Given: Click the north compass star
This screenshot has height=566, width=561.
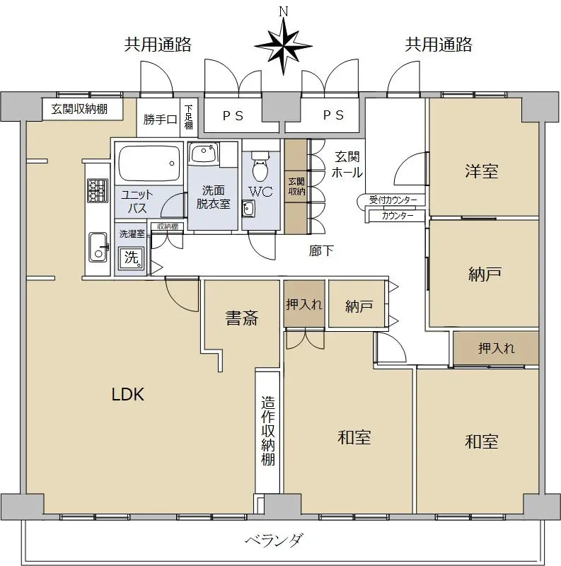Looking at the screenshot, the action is point(284,46).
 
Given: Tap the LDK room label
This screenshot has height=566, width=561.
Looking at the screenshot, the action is point(128,394).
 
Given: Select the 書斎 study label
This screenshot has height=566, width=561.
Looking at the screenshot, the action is point(241,318).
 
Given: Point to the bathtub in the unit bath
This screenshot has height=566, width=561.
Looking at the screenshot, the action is point(149,163).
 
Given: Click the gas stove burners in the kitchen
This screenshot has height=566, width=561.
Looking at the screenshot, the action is point(97,190).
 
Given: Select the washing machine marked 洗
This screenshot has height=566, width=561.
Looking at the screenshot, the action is point(131,258).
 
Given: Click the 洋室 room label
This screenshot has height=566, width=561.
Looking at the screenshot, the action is point(482,171).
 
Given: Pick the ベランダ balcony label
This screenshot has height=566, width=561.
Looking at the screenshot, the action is point(274,541).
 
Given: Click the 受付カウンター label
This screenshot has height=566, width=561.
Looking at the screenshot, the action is point(393,200).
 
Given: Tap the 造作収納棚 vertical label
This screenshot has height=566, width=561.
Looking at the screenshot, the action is point(268,431).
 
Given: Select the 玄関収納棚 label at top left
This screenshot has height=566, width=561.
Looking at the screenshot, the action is point(79,109).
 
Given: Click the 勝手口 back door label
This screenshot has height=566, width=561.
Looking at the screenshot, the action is point(160,119).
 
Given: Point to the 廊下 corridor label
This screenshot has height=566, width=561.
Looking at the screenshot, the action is point(321,251).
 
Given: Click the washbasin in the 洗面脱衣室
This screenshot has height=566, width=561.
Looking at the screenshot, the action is point(204,153).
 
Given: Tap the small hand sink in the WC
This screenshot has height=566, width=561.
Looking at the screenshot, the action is point(248,208).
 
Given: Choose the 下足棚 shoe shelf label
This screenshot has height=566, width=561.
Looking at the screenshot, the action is point(189,117).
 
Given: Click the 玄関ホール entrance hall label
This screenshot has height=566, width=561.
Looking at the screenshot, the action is point(347,165).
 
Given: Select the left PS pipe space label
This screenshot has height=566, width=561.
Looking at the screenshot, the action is point(233,115).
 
